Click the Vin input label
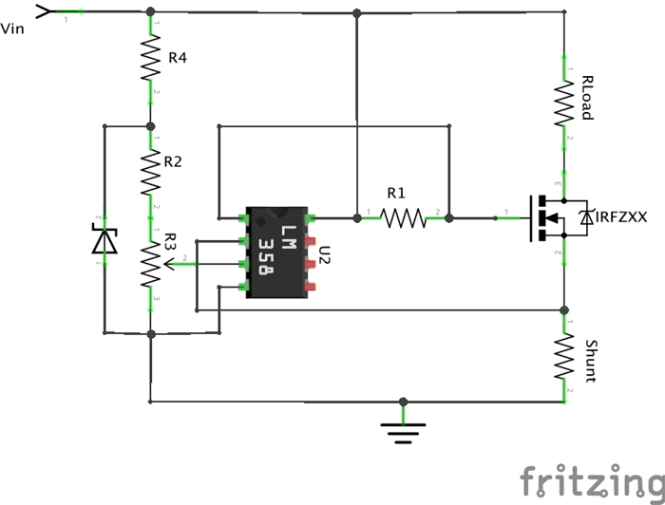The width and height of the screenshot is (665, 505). click(13, 28)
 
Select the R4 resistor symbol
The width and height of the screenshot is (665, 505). click(150, 60)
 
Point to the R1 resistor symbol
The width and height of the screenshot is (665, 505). click(403, 218)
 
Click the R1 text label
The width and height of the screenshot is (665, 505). click(396, 193)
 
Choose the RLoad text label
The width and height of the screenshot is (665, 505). click(587, 98)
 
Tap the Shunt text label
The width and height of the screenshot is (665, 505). click(590, 361)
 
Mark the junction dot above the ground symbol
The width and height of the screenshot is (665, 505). click(403, 401)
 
